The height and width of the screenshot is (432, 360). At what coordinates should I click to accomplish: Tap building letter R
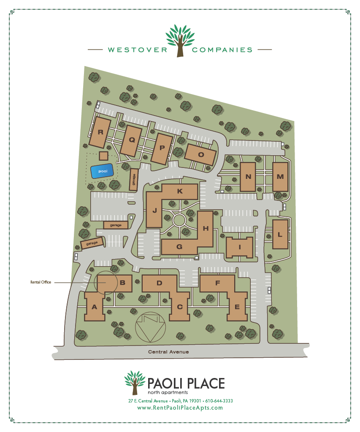pyautogui.click(x=100, y=132)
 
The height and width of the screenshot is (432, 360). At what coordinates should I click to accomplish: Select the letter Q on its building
pyautogui.click(x=132, y=140)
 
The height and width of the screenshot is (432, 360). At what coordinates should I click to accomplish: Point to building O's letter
pyautogui.click(x=201, y=154)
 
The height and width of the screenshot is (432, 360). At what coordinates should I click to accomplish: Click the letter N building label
pyautogui.click(x=248, y=177)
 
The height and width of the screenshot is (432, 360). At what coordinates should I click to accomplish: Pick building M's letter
pyautogui.click(x=280, y=176)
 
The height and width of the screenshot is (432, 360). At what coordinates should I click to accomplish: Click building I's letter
pyautogui.click(x=239, y=247)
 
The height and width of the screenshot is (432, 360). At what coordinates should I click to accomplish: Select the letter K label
pyautogui.click(x=180, y=191)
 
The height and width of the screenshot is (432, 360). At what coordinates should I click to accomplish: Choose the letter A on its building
pyautogui.click(x=95, y=307)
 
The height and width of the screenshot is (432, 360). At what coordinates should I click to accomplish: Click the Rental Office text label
pyautogui.click(x=41, y=282)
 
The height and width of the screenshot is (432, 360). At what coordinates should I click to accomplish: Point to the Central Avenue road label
pyautogui.click(x=168, y=352)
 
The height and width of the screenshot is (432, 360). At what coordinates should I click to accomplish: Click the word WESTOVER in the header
pyautogui.click(x=138, y=50)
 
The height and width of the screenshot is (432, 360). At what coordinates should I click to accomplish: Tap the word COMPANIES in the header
pyautogui.click(x=222, y=50)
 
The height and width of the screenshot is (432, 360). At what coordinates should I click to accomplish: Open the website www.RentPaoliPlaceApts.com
pyautogui.click(x=180, y=408)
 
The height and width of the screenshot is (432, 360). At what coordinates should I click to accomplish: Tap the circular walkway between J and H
pyautogui.click(x=179, y=220)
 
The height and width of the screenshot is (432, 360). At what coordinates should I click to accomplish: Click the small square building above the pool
pyautogui.click(x=103, y=156)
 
